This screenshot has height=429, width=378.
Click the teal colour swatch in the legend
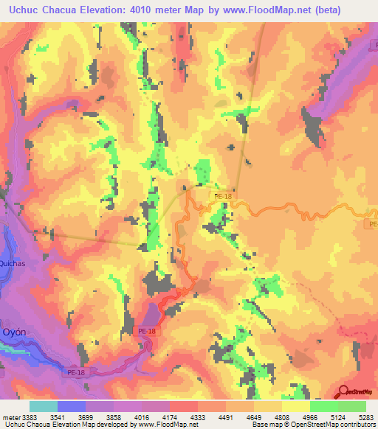(43, 406)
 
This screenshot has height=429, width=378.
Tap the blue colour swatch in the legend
(71, 406)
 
